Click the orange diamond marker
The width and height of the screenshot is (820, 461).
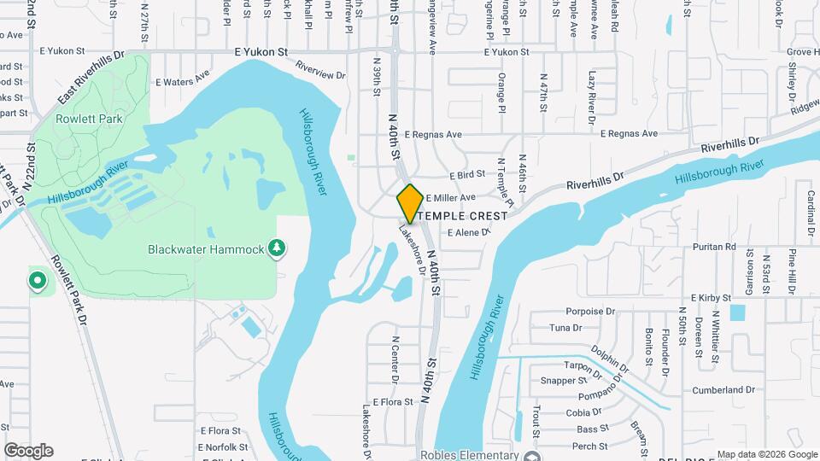[x=410, y=203]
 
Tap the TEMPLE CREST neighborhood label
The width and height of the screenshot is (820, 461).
[x=462, y=216]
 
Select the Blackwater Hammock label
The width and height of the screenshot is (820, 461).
[x=206, y=250]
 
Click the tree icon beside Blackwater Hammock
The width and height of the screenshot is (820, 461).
[x=276, y=248]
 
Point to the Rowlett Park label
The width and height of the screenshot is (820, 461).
[x=89, y=119]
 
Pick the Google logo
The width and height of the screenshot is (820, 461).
[x=28, y=450]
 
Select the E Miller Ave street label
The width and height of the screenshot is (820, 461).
[x=450, y=197]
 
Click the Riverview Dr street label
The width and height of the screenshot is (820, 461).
[x=319, y=70]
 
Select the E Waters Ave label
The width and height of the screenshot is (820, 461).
[x=182, y=80]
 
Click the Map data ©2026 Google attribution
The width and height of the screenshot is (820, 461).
[x=766, y=454]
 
